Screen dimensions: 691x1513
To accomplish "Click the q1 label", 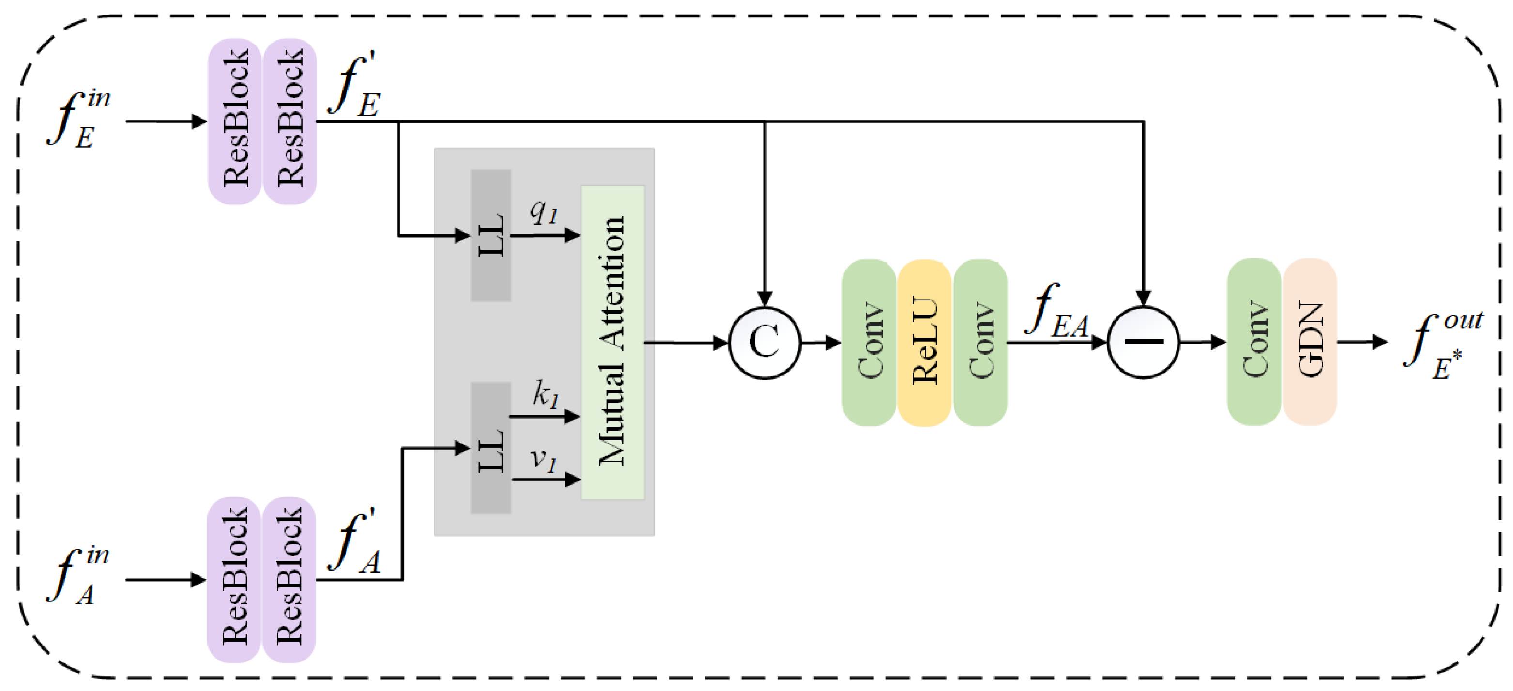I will click(543, 211).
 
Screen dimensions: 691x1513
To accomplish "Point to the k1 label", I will click(545, 393).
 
